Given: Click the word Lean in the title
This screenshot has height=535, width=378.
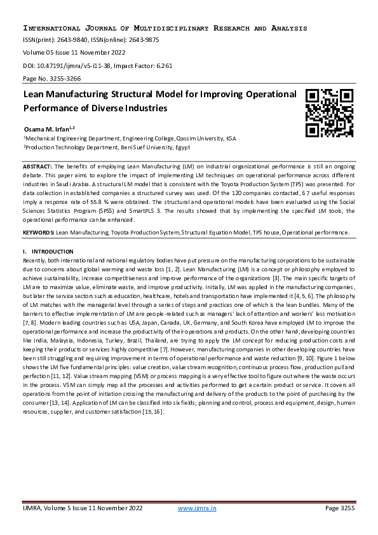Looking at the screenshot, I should [x=36, y=95].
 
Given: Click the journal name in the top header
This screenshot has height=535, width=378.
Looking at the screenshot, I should [x=165, y=29].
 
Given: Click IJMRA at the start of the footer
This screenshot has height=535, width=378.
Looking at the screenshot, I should [x=36, y=508].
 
